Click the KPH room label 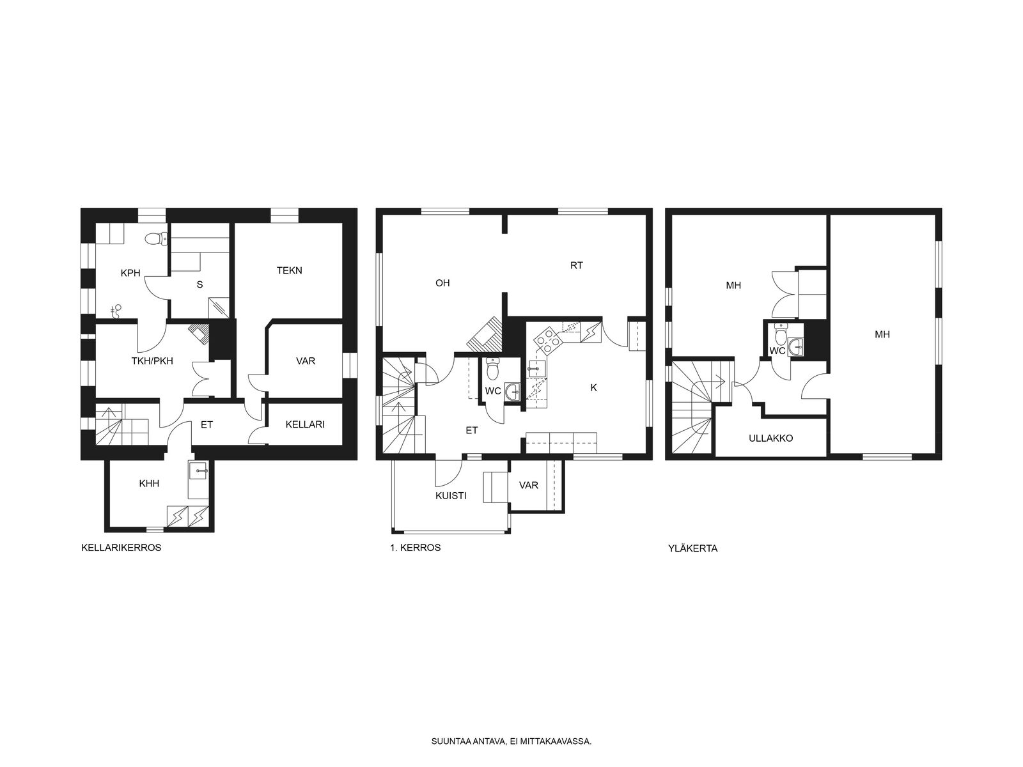click(130, 274)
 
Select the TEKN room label click(290, 270)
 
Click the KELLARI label click(305, 424)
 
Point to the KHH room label click(149, 484)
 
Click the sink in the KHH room click(200, 471)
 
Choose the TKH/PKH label click(152, 361)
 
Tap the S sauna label click(200, 284)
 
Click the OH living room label click(442, 283)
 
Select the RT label click(577, 265)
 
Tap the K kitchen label click(594, 387)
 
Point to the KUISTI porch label click(451, 496)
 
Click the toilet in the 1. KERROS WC click(492, 369)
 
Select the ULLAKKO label click(771, 438)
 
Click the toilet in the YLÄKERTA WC click(779, 333)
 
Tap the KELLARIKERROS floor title click(121, 548)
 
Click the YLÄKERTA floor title click(693, 548)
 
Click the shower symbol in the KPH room click(116, 311)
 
